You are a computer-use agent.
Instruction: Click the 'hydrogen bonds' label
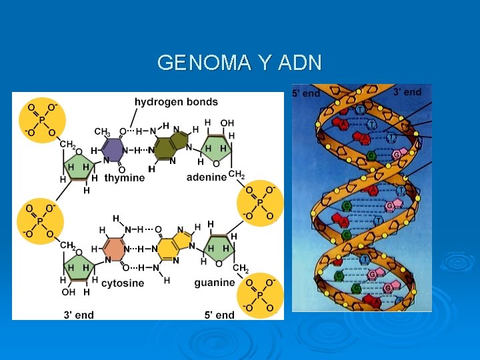tap(176, 102)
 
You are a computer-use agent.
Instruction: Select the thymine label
tap(124, 178)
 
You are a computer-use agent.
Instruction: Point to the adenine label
tap(206, 177)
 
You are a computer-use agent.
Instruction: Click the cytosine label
tap(123, 283)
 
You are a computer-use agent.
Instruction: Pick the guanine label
tap(214, 283)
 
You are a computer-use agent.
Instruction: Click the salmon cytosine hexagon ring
tap(114, 249)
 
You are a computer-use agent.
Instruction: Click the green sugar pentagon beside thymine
tap(79, 167)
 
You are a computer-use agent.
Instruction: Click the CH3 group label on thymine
tap(102, 132)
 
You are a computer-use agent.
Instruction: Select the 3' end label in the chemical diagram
tap(79, 315)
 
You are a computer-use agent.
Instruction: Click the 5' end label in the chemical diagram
tap(220, 315)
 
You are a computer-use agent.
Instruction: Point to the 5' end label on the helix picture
tap(306, 94)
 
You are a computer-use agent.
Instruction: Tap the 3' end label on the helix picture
tap(407, 92)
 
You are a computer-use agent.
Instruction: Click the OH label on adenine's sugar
tap(227, 123)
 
